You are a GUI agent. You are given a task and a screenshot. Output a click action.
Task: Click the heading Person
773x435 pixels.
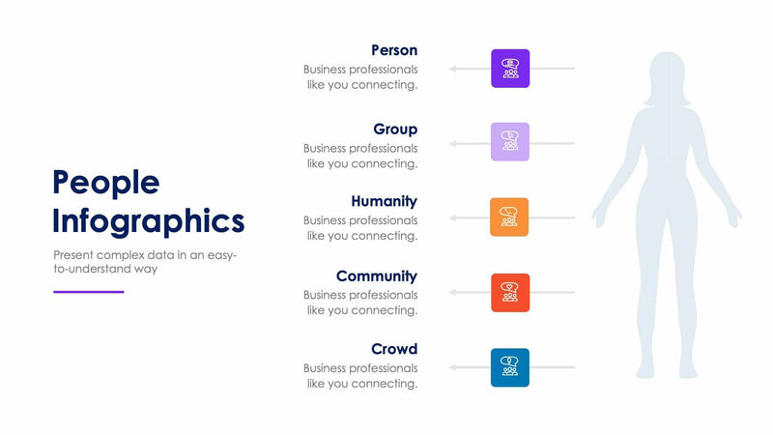394,50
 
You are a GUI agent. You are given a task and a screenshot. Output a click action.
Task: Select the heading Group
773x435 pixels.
395,130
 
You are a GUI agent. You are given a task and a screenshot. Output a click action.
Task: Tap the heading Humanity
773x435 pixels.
384,202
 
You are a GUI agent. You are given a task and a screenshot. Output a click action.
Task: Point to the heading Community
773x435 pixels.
377,276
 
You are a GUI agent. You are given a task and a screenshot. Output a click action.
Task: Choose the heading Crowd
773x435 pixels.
394,349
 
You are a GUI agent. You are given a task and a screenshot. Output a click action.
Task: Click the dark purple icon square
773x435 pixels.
510,69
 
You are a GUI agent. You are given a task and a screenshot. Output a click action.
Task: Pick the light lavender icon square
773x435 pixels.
510,142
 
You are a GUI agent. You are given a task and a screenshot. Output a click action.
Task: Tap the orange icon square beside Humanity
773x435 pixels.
510,217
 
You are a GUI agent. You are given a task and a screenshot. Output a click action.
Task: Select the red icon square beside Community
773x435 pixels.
510,292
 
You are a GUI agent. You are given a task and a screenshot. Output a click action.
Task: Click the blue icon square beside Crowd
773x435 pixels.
510,367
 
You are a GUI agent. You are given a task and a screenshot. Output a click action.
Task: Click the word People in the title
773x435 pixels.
105,183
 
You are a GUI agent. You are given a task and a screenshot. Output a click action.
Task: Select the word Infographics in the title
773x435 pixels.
148,221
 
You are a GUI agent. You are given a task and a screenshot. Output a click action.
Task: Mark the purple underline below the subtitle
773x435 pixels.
88,291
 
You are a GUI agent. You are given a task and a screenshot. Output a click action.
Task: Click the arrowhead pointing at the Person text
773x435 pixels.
451,69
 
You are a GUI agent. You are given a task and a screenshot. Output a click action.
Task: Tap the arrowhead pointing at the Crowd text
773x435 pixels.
451,367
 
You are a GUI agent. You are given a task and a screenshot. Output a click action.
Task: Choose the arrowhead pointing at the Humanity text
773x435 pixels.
451,217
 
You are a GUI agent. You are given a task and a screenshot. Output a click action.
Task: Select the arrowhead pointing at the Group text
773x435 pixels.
451,143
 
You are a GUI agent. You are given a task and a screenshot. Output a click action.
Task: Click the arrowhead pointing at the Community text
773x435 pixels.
451,292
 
